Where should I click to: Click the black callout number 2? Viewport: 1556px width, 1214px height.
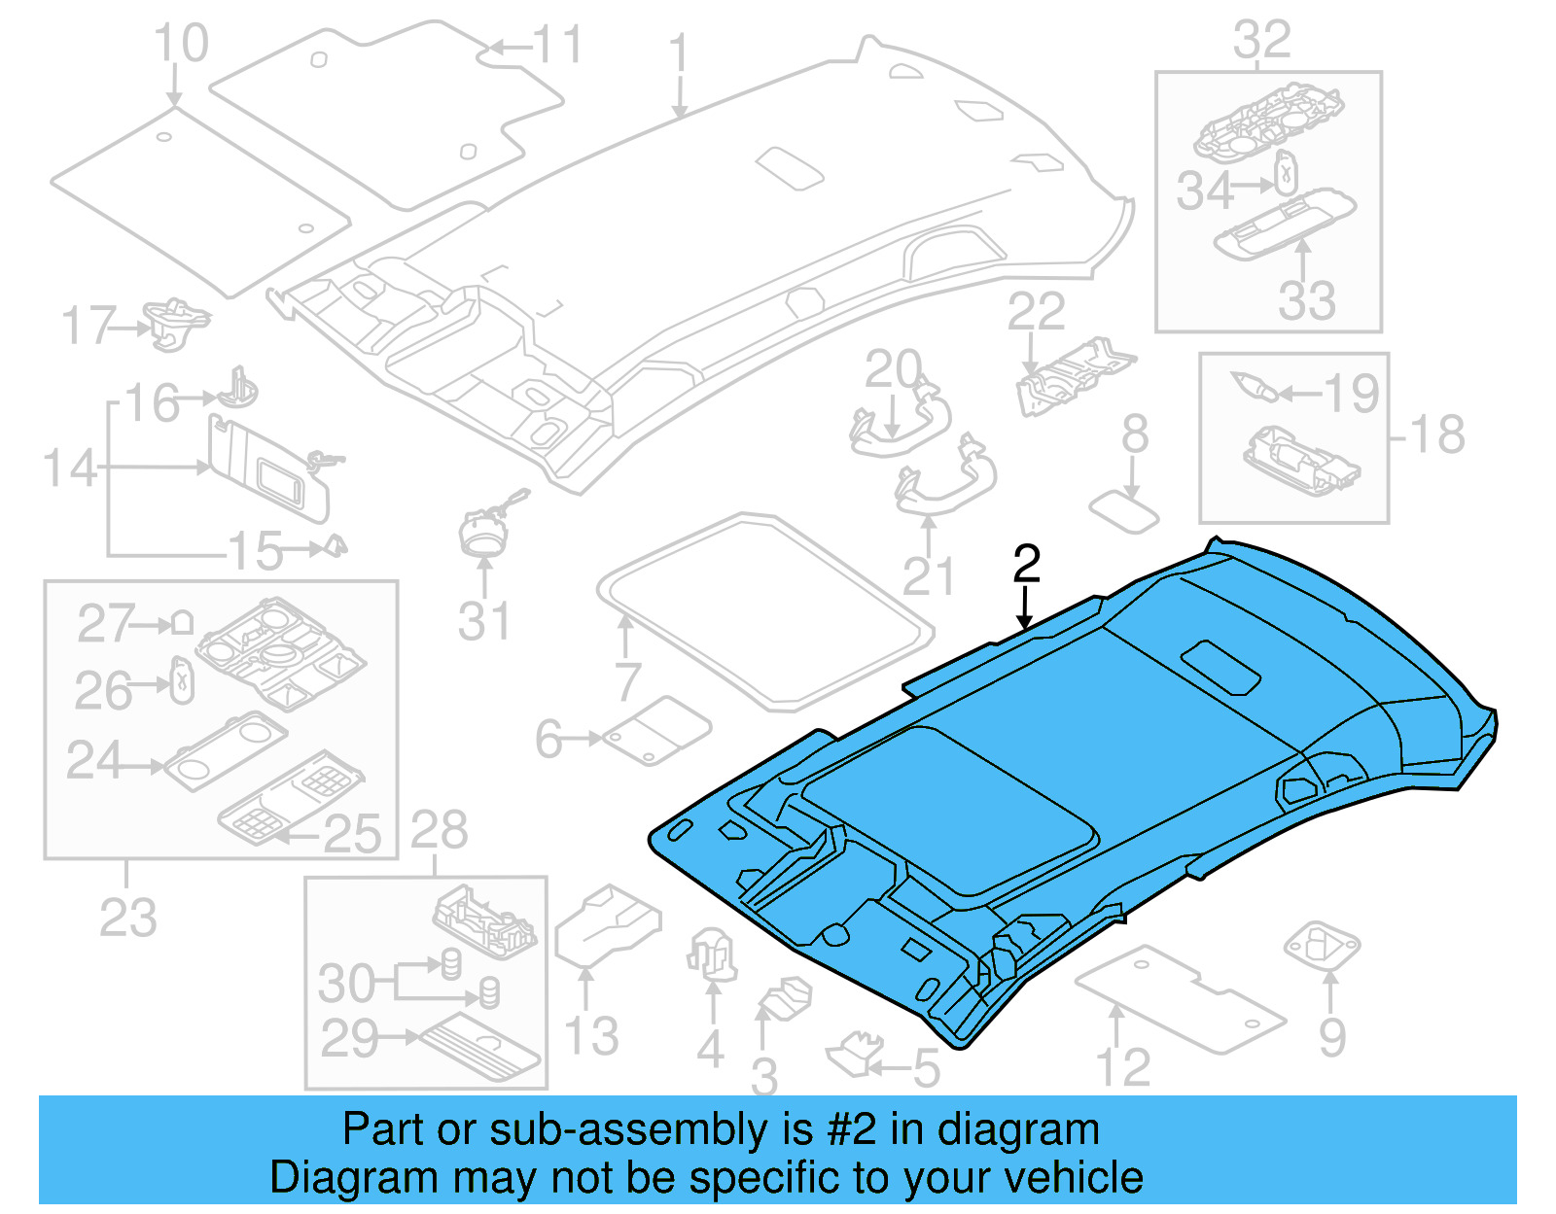(1026, 564)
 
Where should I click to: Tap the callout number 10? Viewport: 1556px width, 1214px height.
(181, 44)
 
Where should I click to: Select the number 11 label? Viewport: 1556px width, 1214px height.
(556, 45)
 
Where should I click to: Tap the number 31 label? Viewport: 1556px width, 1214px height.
(483, 621)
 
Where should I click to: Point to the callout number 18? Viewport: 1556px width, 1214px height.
(1437, 434)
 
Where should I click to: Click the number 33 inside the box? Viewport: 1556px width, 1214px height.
(1306, 300)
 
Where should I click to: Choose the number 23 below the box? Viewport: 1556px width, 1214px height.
(127, 917)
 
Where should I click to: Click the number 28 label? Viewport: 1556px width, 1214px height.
(439, 831)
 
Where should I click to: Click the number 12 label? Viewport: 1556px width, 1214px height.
(1123, 1067)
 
